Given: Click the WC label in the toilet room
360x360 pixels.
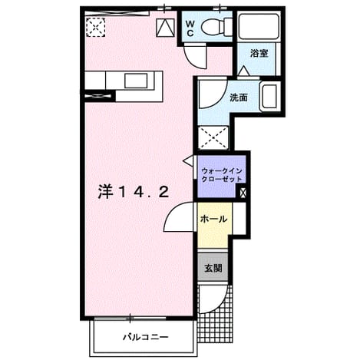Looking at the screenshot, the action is pos(190,28).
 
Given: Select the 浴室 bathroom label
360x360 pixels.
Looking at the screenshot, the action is pos(259,54).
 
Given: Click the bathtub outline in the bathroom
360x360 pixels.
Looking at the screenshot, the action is pos(259,26).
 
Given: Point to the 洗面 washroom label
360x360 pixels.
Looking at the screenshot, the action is pos(239,97).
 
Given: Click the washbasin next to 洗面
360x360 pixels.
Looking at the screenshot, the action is pos(269,96).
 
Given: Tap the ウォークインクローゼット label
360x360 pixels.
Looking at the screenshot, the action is pos(222,175).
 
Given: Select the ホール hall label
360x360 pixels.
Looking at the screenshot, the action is pos(213,219).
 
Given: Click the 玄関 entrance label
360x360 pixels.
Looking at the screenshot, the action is pos(213,268).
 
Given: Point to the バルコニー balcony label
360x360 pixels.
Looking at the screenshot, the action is pos(146,337).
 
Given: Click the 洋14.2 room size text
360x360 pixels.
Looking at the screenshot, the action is pos(134,192).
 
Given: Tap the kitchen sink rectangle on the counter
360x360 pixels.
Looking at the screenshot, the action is pos(136,81).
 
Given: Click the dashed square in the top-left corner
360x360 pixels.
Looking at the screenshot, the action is pos(95,27).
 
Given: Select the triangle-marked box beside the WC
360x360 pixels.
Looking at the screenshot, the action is pos(165,28).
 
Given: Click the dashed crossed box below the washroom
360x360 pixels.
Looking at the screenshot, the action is pos(213,137).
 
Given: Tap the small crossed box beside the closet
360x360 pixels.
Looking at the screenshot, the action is pos(243,193).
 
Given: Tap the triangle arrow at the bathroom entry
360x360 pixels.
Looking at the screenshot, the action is pos(243,71).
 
